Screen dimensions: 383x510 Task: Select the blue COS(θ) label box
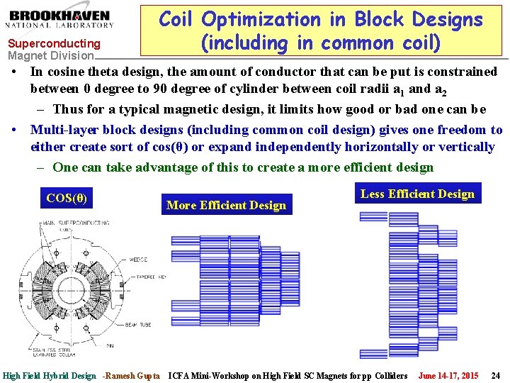click(x=67, y=199)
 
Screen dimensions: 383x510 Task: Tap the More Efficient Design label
click(x=226, y=205)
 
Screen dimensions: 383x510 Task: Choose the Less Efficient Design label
click(x=417, y=194)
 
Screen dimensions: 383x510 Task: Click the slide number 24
click(x=496, y=375)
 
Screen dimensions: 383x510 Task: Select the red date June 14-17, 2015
click(x=448, y=375)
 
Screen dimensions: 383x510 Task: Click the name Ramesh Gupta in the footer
click(x=135, y=375)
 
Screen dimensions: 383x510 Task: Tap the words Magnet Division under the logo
click(x=50, y=55)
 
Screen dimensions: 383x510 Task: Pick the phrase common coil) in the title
click(x=381, y=43)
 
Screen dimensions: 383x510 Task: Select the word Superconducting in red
click(x=54, y=44)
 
